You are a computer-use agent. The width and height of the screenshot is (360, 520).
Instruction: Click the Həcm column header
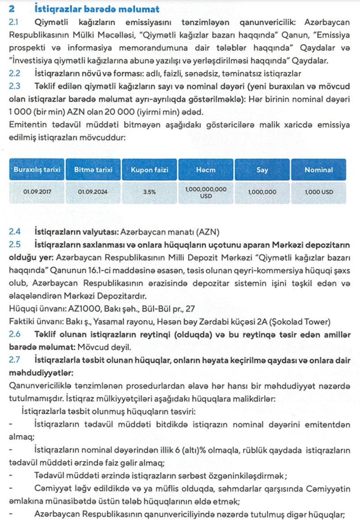tap(206, 170)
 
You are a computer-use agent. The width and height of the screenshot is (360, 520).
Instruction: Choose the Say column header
tap(262, 170)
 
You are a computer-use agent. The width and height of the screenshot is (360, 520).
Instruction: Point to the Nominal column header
tap(319, 170)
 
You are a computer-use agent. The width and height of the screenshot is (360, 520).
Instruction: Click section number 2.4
tap(15, 232)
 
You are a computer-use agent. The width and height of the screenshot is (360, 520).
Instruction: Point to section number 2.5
tap(15, 244)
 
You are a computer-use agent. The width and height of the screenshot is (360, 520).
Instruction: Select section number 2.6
tap(15, 335)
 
